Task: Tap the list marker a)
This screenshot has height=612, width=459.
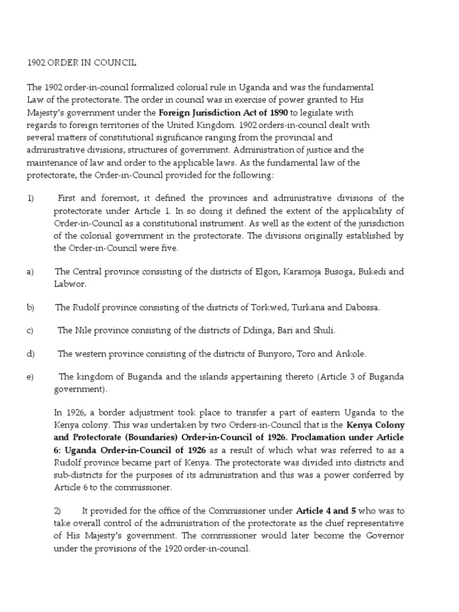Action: point(30,272)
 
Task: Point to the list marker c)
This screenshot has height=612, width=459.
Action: point(30,331)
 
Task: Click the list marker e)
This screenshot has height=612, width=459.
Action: point(30,377)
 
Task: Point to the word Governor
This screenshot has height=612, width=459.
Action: point(385,535)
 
